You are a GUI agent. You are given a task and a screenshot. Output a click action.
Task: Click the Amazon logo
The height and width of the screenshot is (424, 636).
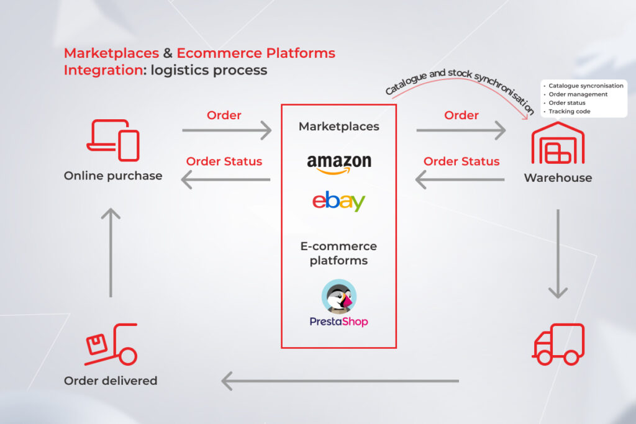339,164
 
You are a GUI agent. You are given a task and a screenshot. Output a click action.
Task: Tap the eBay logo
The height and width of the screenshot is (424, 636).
338,202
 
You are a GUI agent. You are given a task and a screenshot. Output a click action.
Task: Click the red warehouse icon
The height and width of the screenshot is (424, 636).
558,143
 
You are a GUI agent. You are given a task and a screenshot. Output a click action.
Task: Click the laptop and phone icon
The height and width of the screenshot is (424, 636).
112,140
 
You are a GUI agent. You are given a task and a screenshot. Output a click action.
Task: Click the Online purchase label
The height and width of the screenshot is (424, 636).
113,176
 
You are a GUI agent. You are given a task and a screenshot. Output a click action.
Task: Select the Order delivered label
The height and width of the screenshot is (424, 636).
111,381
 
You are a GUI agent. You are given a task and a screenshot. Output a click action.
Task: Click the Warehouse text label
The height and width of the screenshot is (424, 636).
558,178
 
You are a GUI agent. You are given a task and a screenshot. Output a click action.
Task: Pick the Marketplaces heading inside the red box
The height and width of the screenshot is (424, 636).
338,127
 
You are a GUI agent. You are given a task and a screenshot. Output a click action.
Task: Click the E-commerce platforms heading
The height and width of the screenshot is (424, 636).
338,253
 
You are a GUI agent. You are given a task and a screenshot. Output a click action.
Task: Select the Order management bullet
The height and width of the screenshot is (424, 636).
578,94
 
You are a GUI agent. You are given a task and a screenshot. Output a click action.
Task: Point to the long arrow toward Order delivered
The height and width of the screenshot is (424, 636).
340,381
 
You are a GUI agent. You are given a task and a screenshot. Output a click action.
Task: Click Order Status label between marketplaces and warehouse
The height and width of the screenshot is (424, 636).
461,161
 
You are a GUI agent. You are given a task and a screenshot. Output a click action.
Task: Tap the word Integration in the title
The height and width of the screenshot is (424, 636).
103,70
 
